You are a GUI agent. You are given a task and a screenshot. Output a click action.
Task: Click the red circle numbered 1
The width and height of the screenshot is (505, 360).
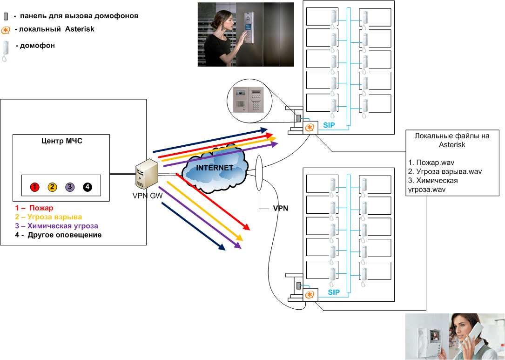click(34, 187)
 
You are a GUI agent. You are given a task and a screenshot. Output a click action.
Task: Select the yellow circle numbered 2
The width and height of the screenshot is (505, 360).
click(52, 187)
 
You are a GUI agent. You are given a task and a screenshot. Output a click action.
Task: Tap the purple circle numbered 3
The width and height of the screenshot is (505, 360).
click(70, 187)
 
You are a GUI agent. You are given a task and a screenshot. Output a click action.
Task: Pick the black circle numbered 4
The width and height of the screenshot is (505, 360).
click(88, 187)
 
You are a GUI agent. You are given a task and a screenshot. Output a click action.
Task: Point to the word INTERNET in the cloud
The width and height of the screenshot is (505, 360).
click(214, 168)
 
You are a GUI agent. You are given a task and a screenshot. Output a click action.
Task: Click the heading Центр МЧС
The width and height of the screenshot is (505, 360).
click(61, 141)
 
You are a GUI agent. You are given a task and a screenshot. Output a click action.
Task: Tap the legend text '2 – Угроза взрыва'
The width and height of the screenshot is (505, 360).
click(48, 217)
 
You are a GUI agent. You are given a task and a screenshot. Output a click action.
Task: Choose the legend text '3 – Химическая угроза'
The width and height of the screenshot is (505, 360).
click(56, 226)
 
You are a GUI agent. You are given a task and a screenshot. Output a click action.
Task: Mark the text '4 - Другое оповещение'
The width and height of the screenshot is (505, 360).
click(58, 235)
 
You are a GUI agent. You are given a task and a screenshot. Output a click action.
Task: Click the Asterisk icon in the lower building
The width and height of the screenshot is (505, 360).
click(310, 295)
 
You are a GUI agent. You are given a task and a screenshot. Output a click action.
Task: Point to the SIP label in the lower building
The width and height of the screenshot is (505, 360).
click(334, 292)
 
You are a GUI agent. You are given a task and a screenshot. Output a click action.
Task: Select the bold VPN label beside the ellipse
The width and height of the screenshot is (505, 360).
click(280, 208)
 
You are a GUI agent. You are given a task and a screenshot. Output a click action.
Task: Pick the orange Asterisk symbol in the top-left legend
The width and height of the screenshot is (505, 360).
click(6, 30)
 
